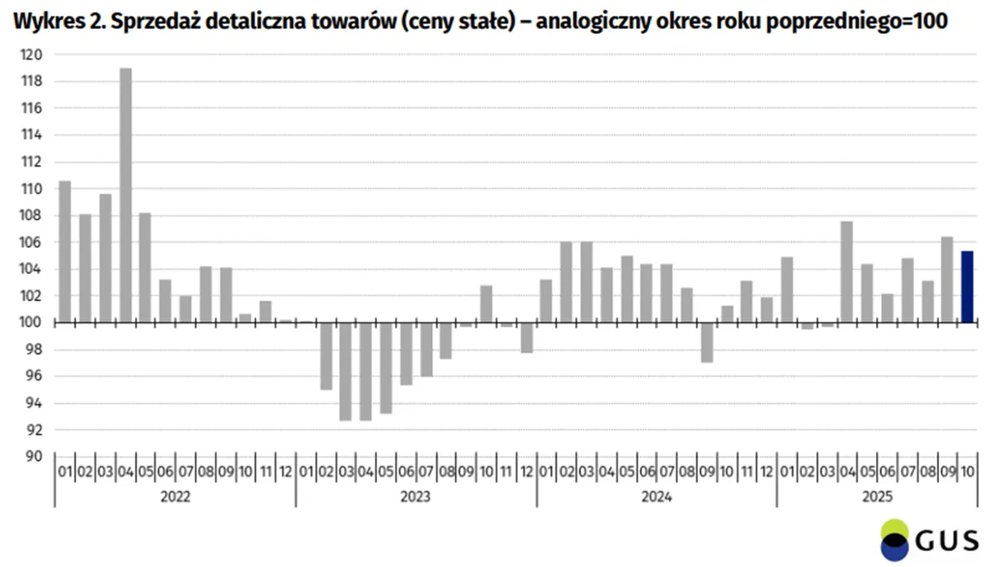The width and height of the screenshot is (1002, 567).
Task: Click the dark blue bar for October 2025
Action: (967, 287)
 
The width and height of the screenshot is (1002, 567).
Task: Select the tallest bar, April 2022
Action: (126, 195)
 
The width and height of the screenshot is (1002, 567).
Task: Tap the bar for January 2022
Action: (65, 251)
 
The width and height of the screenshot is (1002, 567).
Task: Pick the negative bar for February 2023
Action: (327, 356)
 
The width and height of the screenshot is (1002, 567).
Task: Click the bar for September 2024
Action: (707, 342)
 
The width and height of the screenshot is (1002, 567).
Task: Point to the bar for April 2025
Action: (847, 272)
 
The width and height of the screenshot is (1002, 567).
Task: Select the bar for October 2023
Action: (486, 304)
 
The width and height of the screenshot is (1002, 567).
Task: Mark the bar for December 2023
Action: (527, 337)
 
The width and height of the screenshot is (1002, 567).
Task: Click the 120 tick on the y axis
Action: (31, 55)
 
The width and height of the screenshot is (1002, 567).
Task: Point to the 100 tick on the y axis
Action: (31, 322)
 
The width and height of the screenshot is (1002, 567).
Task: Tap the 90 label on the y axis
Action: (33, 457)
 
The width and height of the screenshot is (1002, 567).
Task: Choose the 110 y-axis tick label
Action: (31, 189)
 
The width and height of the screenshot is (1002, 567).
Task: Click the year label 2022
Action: (176, 497)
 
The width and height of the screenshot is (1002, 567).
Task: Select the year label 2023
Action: (415, 497)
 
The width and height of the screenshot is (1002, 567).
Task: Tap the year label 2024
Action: (656, 497)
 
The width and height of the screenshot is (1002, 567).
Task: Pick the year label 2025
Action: (877, 497)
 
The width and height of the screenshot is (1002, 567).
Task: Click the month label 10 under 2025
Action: (967, 471)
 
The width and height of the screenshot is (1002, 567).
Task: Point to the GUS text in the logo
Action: (947, 540)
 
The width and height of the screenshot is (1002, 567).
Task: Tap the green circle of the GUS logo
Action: (894, 529)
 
